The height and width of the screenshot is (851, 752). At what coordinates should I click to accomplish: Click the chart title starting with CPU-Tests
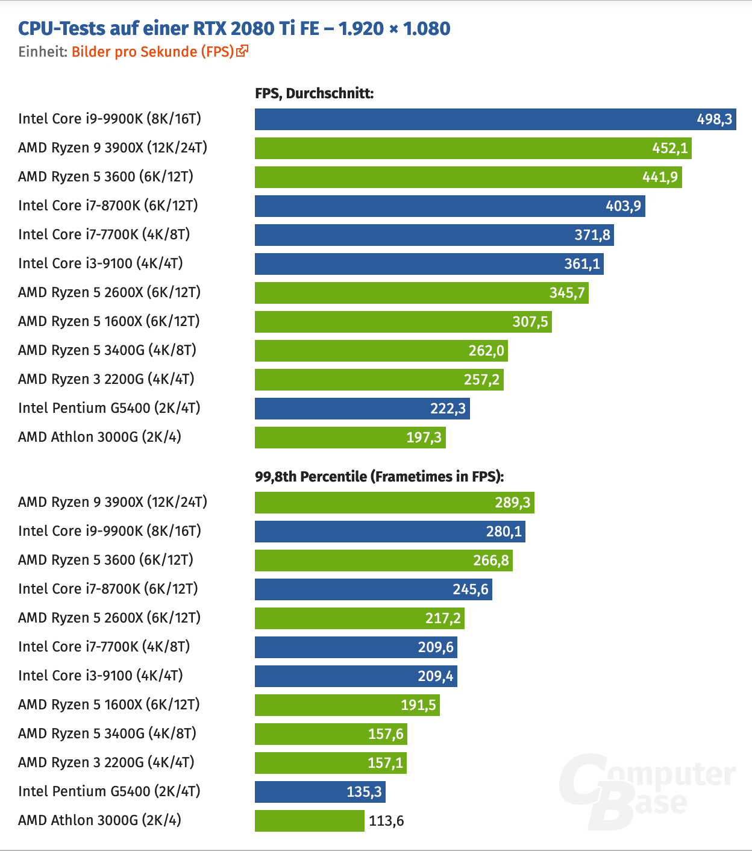pos(234,28)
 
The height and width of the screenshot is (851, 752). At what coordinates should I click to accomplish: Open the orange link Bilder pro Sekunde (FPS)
pos(152,52)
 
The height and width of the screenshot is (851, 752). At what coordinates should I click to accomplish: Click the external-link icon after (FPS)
pos(242,51)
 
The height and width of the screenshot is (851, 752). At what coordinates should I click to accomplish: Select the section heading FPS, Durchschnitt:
pos(314,93)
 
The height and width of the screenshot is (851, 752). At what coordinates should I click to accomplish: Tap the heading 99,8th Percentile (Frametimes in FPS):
pos(379,477)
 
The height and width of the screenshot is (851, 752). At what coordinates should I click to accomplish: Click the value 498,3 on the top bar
pos(714,119)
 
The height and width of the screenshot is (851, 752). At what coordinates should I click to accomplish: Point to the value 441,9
pos(660,177)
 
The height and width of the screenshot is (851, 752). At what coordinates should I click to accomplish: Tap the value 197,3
pos(424,438)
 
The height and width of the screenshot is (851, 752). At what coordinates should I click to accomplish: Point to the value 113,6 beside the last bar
pos(386,821)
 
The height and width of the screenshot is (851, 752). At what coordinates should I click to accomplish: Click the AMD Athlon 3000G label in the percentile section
pos(99,820)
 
